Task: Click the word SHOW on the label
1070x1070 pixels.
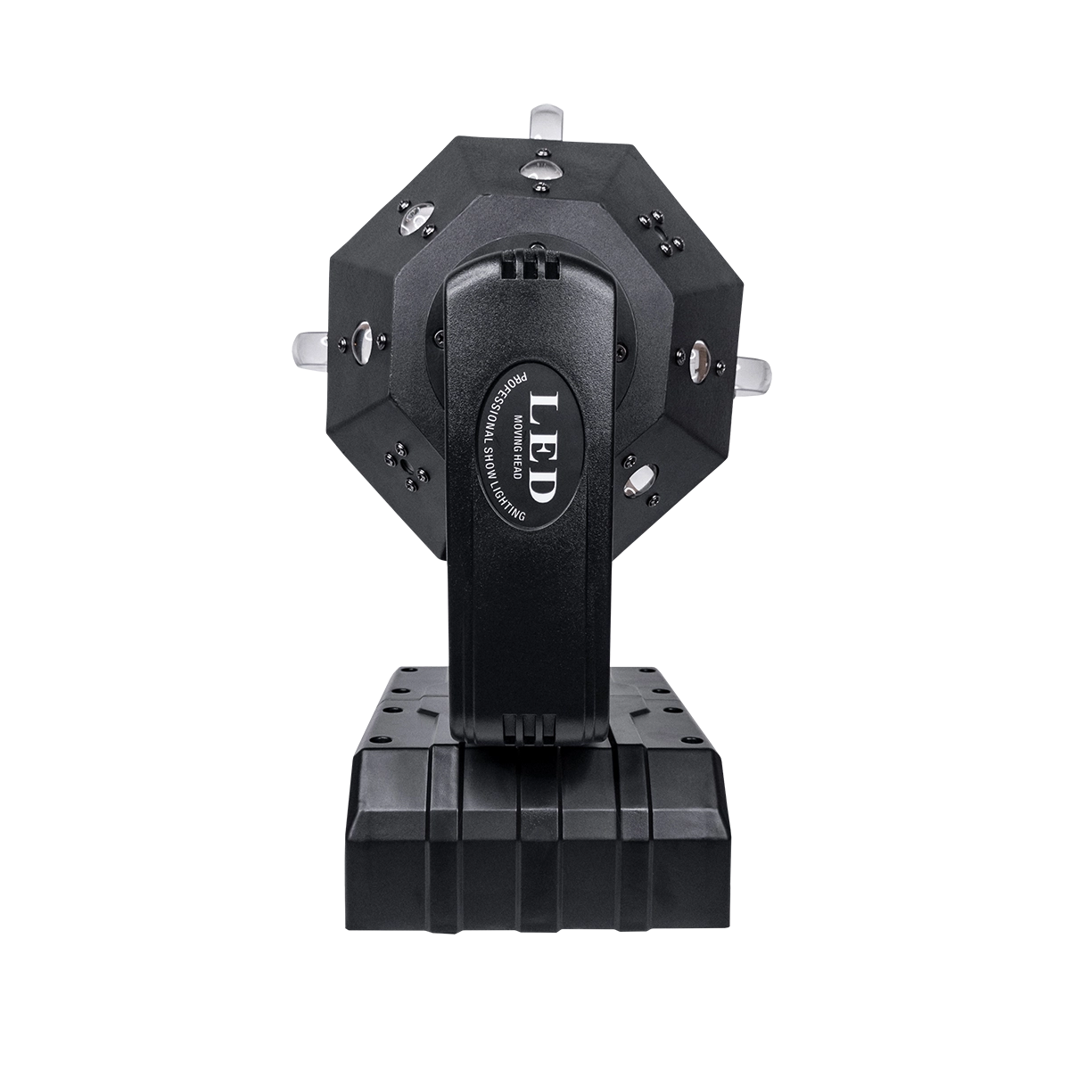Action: tap(490, 471)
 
